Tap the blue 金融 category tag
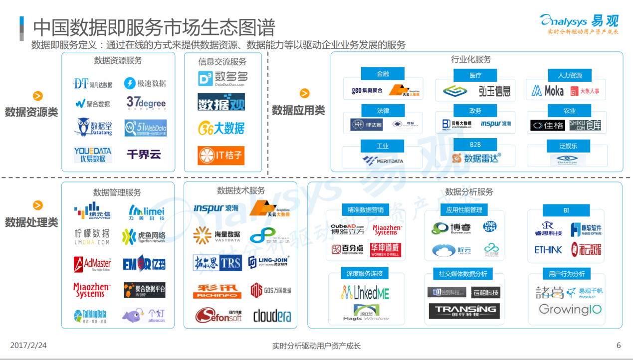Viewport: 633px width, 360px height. tap(383, 74)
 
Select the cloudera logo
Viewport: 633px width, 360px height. tap(272, 316)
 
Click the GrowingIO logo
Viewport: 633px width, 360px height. tap(570, 310)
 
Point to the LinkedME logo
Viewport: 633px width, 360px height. tap(365, 292)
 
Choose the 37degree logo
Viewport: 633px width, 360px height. tap(146, 103)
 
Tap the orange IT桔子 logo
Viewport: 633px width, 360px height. tap(221, 155)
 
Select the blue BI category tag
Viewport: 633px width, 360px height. tap(566, 210)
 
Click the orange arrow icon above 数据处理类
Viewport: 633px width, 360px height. tap(38, 205)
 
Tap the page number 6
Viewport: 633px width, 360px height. tap(619, 345)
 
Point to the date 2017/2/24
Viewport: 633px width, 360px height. tap(28, 345)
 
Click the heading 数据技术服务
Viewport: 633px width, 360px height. tap(241, 190)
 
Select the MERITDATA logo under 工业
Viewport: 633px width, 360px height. tap(383, 161)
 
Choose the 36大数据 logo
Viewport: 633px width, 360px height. tap(221, 128)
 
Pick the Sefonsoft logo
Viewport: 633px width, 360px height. tap(218, 315)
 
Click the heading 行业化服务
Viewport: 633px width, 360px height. tap(471, 59)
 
